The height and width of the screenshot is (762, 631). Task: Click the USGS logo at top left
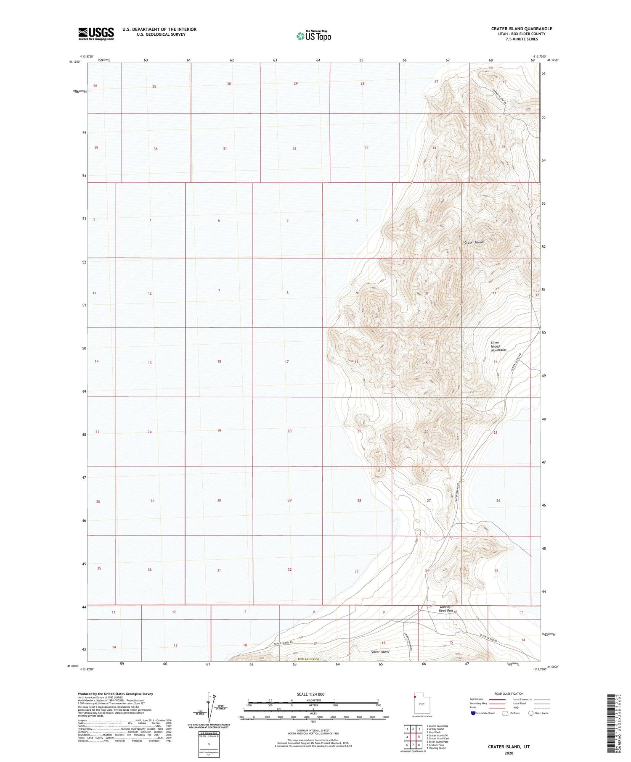tap(96, 34)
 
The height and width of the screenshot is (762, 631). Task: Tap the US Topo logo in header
tap(313, 36)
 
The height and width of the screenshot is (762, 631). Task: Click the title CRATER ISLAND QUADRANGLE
tap(521, 29)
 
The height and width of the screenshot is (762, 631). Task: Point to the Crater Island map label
tap(474, 243)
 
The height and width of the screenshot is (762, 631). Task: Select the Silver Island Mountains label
tap(498, 346)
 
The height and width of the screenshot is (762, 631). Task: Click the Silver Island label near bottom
tap(380, 652)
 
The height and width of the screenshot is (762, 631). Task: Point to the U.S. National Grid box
tap(209, 744)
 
